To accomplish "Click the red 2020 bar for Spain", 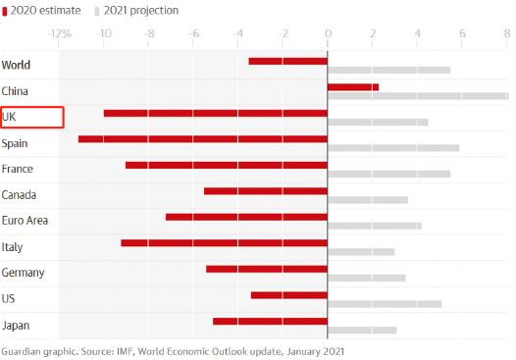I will tap(202, 139).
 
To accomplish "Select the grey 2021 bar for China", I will tap(417, 96).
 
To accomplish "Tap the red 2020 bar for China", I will tap(352, 87).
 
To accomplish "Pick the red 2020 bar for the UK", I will tap(215, 113).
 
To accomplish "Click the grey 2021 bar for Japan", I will tap(362, 330).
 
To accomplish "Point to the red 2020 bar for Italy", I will tap(224, 242).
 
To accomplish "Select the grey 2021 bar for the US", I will tap(385, 304).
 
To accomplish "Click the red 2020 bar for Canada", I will tap(265, 190).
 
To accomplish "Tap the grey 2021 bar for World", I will tap(388, 71).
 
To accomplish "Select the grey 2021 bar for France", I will tap(388, 174).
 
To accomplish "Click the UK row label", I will tap(11, 118).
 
